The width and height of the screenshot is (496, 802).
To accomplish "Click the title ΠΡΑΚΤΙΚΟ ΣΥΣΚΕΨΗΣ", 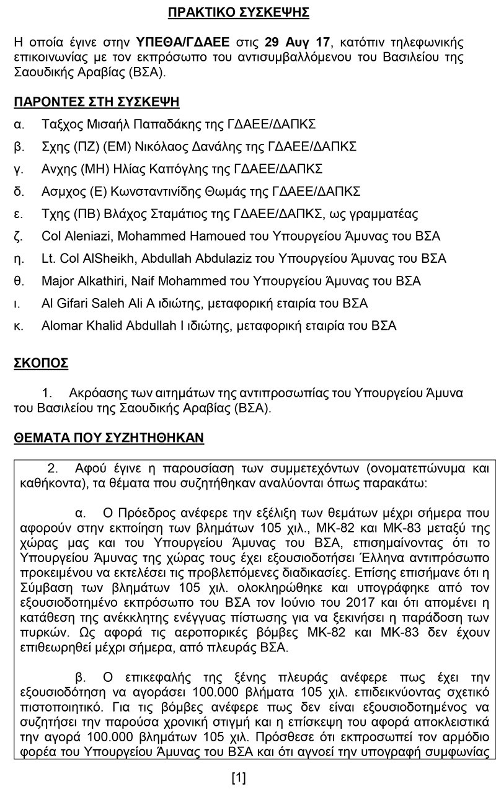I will click(239, 12).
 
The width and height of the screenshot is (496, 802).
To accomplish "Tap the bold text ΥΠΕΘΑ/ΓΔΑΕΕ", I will click(181, 43).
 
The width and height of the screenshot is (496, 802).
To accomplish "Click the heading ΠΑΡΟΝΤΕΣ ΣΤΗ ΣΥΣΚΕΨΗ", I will click(97, 102).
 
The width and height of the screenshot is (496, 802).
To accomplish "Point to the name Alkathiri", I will click(102, 281).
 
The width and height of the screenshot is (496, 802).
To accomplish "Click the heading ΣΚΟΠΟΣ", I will click(41, 363).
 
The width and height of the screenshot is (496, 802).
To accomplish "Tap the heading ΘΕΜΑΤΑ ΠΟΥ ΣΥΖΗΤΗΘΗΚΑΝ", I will click(108, 438).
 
